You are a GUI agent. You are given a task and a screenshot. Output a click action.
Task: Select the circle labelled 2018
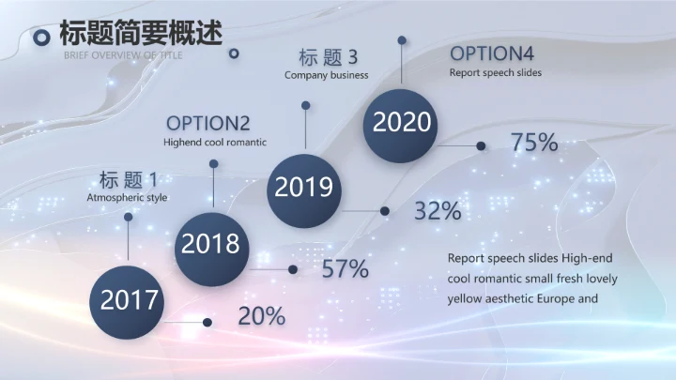[211, 244]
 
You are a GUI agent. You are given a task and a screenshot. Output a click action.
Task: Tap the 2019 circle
[303, 187]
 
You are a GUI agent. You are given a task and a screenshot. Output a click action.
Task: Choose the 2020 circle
[402, 122]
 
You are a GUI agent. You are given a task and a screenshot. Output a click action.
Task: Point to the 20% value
[261, 316]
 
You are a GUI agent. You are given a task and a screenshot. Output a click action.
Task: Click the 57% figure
[345, 269]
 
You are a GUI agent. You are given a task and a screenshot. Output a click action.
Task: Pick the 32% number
[438, 211]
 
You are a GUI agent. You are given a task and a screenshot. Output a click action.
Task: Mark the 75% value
[534, 144]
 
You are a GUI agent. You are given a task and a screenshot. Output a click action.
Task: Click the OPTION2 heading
[207, 124]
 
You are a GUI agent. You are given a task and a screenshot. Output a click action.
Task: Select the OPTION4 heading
[494, 53]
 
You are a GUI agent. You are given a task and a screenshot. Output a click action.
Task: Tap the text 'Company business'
[327, 75]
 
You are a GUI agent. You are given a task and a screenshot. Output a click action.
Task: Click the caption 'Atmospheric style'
[127, 198]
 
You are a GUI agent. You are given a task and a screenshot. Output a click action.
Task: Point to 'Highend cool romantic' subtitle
[215, 143]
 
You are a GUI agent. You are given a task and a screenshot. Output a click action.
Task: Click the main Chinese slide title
[141, 33]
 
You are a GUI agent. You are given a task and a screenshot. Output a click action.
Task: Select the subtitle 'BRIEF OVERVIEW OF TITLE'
[123, 55]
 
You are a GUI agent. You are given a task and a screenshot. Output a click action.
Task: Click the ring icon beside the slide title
[41, 38]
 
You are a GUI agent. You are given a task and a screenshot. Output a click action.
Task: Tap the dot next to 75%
[482, 145]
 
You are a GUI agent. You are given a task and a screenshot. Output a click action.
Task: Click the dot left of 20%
[207, 322]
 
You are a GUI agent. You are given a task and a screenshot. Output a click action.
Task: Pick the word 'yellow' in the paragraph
[465, 299]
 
